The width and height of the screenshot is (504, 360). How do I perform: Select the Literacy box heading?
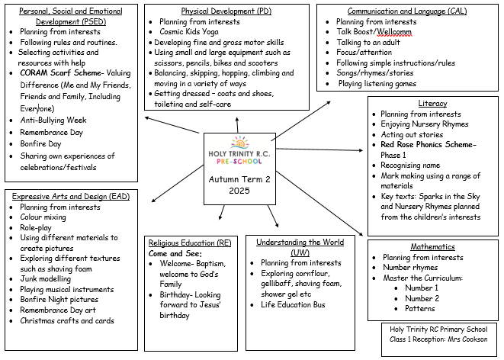click(x=432, y=103)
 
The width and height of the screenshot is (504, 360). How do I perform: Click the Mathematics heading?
click(x=432, y=246)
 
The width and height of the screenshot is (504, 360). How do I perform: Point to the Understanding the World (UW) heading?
click(x=300, y=242)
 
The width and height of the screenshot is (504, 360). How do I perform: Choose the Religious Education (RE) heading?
click(x=190, y=242)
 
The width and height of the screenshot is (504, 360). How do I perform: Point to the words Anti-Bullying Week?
click(x=53, y=120)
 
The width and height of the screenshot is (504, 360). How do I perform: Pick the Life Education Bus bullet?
click(x=293, y=304)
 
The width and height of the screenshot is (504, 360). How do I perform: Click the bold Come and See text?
click(x=175, y=252)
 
